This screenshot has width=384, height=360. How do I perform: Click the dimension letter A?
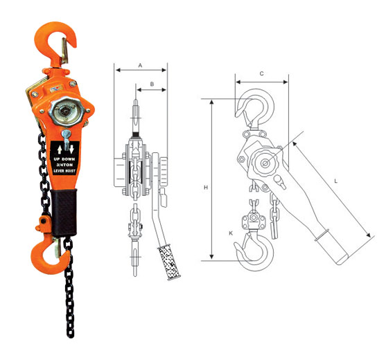pos(140,64)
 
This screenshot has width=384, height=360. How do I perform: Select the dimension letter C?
pos(261,73)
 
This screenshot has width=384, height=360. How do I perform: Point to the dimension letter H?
pos(206,187)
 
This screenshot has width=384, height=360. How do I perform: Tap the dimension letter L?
pos(335,181)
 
